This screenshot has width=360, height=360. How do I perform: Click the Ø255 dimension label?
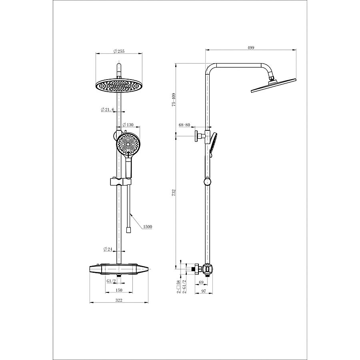pos(119,51)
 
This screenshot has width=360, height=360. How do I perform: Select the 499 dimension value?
pos(251,48)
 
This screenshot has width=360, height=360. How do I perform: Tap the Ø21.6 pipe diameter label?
pos(108,110)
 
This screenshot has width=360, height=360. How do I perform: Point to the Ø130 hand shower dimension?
pos(128,125)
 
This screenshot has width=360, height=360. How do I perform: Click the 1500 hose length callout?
pos(147,227)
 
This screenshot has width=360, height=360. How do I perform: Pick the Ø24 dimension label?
pos(108,249)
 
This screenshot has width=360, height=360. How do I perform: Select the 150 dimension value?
pos(119,290)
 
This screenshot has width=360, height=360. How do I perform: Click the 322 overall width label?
pos(119,300)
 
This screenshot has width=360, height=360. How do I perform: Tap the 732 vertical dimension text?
pos(174,192)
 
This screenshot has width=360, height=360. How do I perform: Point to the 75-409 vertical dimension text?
pos(174,99)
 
